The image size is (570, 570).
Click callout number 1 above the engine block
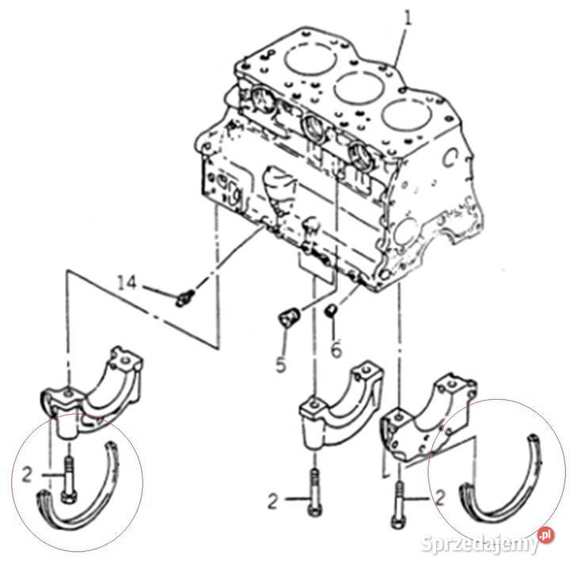pos(408,18)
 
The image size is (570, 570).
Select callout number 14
pos(127,283)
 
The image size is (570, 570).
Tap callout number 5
pos(281,364)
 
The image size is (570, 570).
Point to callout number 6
pos(336,350)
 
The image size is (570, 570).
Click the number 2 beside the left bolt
pos(28,474)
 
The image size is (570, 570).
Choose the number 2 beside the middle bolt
pos(273,501)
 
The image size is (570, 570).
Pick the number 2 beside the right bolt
pos(440,499)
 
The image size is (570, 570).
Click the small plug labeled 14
pos(184,298)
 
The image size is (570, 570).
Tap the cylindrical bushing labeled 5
pos(290,317)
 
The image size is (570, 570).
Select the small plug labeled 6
pos(331,311)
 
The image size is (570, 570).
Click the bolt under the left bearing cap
pos(68,481)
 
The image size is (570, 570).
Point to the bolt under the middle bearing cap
pos(314,492)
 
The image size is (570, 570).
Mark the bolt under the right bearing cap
pos(398,504)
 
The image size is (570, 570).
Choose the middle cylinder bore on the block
pos(359,87)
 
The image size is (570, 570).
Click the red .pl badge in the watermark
pos(545,535)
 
